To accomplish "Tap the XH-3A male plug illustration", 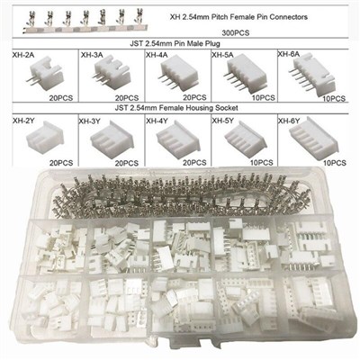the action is point(112,74).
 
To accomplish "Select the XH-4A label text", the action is point(157,55).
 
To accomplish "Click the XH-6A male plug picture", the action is point(312,76).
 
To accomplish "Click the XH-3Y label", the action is point(89,121).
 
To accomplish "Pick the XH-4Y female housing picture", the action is point(177,139).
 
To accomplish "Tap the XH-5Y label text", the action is point(223,121).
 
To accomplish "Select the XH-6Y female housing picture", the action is point(314,137).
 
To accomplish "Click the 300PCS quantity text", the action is point(236,33).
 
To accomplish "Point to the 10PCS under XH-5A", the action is point(263,97).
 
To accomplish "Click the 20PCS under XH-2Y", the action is point(61,163).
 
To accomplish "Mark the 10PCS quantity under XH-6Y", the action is point(335,163).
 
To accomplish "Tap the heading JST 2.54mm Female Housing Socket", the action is point(176,108).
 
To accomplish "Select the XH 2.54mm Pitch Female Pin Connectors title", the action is point(238,17).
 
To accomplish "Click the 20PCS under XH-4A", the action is point(194,97).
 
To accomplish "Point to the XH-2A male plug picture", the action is point(45,74).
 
